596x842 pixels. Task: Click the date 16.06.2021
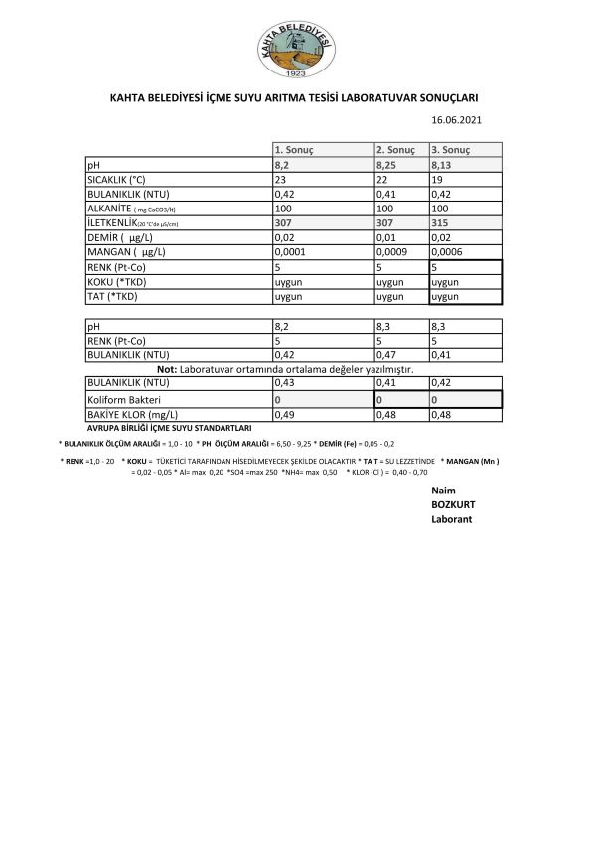pos(456,120)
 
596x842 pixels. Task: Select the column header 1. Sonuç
pos(294,149)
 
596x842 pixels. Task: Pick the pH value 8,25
pos(388,164)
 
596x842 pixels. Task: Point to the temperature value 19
pos(436,179)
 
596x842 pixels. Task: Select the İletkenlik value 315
pos(440,223)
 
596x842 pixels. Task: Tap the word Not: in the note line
pos(167,368)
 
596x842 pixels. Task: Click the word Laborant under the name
pos(451,519)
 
